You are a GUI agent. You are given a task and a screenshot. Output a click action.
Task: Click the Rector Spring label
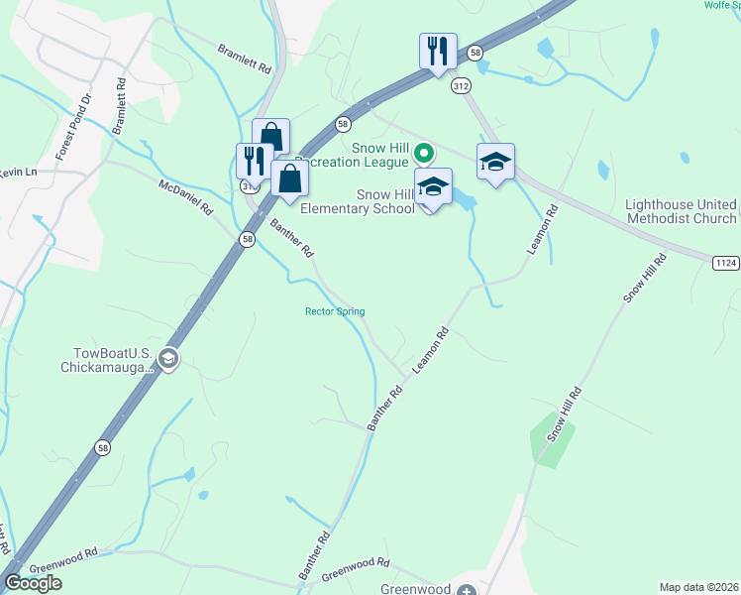click(334, 311)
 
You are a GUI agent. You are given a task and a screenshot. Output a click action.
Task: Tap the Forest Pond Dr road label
click(71, 126)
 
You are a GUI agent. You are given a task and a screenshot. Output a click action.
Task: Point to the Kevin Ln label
click(18, 172)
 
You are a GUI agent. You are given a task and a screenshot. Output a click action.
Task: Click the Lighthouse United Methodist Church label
click(681, 211)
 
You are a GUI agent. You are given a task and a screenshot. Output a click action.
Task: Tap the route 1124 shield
click(726, 260)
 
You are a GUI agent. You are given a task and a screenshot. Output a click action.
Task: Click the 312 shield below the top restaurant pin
click(460, 86)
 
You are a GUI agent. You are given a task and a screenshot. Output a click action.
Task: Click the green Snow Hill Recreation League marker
click(423, 153)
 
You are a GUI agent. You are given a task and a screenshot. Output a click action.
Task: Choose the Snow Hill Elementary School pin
click(433, 185)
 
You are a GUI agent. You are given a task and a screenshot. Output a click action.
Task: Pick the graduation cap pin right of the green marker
click(495, 161)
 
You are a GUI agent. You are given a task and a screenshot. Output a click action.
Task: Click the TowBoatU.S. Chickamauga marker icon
click(168, 359)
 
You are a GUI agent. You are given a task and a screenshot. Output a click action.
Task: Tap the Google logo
click(33, 583)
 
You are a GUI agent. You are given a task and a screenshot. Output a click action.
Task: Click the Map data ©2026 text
click(698, 587)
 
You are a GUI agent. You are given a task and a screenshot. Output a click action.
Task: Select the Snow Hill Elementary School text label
click(358, 201)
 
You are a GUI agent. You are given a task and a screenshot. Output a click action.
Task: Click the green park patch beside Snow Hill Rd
click(551, 437)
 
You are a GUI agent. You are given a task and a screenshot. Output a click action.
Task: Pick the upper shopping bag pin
click(270, 136)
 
